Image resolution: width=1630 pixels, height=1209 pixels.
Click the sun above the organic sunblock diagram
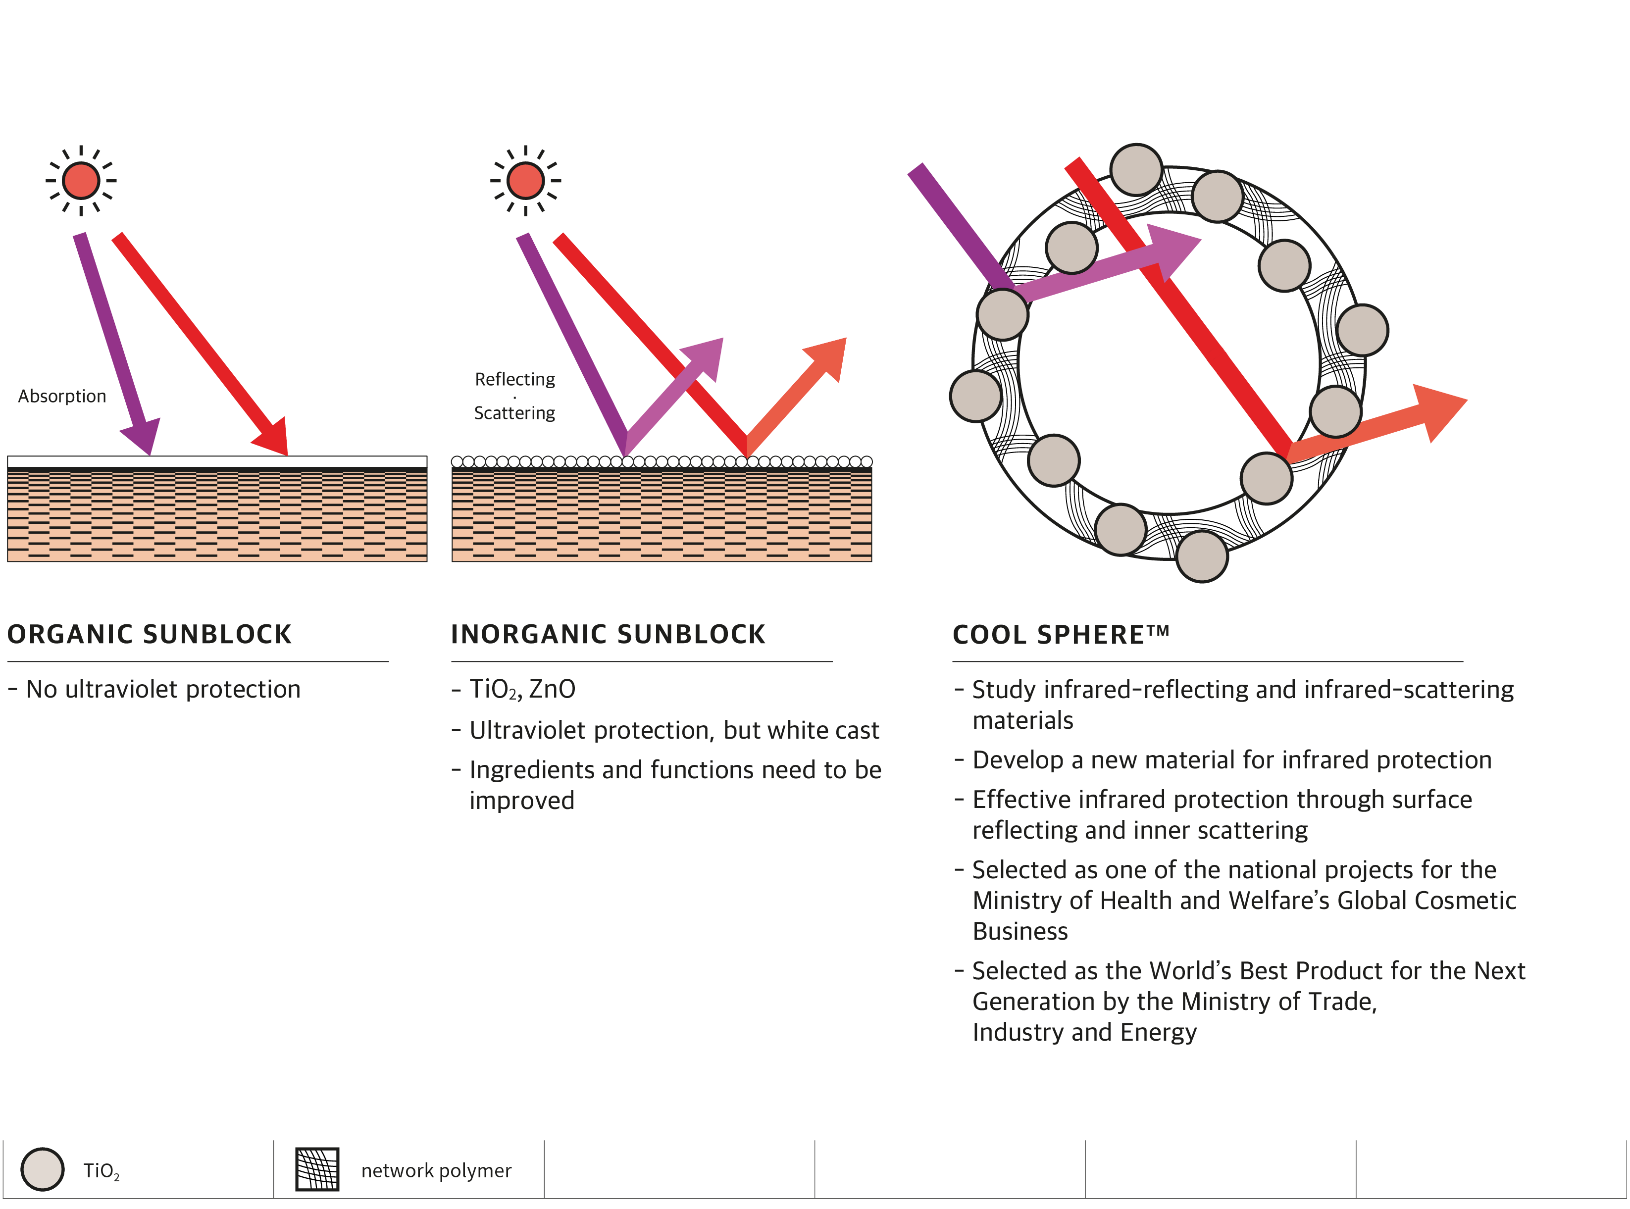coord(81,181)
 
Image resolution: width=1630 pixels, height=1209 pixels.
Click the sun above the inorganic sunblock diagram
coord(525,181)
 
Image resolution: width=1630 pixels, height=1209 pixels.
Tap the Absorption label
coord(62,397)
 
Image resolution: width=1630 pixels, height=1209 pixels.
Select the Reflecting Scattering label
coord(514,396)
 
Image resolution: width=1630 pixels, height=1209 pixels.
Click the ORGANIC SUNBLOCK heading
coord(150,634)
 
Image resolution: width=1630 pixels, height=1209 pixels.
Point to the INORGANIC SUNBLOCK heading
coord(608,634)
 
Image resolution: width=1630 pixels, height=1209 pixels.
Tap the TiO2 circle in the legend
coord(43,1169)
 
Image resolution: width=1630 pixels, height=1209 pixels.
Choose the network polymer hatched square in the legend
coord(317,1169)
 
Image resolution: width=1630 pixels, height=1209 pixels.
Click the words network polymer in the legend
coord(436,1171)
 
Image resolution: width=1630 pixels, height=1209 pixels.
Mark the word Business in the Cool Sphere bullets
coord(1019,931)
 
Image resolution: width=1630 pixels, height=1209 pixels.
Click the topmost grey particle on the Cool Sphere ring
coord(1136,169)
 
